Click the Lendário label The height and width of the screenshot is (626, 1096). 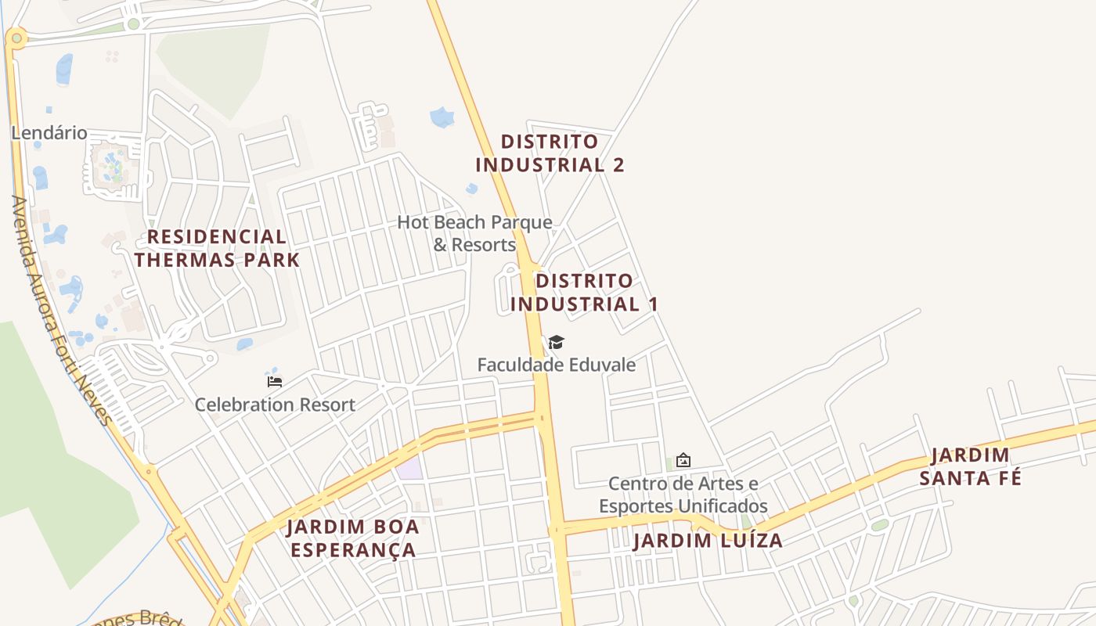[49, 133]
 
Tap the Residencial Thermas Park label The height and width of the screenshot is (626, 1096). [217, 248]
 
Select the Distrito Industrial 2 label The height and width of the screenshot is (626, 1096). [550, 153]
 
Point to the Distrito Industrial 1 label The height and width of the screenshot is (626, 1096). [584, 293]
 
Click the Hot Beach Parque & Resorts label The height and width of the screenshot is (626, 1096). [474, 233]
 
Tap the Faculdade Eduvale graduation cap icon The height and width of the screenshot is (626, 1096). [556, 342]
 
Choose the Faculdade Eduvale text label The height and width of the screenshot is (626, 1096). [557, 365]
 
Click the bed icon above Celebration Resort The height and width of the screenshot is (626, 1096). [275, 382]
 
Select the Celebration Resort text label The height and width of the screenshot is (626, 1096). [275, 405]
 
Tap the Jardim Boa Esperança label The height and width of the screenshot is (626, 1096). [353, 538]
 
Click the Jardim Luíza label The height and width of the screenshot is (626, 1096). [708, 541]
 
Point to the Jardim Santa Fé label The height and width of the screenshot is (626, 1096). [971, 466]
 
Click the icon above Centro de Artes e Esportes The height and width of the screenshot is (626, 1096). [683, 460]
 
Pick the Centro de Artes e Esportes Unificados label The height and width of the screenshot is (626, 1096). [683, 495]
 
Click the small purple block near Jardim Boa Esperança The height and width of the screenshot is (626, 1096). [409, 469]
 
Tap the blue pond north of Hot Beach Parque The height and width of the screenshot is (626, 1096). [442, 117]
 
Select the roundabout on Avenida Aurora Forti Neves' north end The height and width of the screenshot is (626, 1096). [16, 37]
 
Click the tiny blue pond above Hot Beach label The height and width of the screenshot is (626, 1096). [471, 189]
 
